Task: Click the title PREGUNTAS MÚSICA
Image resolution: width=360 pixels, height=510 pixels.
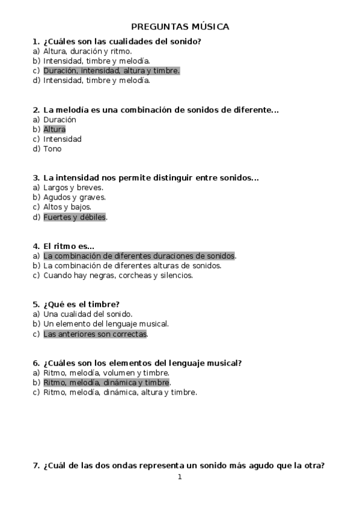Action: (180, 26)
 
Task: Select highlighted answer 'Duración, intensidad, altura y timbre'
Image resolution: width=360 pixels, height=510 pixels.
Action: (111, 70)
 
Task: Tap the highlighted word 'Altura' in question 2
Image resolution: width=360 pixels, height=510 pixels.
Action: (54, 129)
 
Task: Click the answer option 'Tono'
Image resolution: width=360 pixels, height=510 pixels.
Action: (52, 149)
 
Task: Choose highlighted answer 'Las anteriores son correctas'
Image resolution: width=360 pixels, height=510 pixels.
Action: (95, 334)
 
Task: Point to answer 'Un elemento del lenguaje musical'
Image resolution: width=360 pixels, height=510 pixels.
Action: (106, 324)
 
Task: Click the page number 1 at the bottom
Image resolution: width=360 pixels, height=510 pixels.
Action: (180, 478)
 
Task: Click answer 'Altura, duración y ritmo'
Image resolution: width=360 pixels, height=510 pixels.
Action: (87, 51)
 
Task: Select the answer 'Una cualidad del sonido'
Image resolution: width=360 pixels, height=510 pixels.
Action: (88, 314)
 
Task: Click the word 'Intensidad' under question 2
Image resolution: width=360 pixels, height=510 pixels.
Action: (63, 139)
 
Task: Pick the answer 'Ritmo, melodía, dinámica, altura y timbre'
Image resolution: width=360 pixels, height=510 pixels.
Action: (120, 392)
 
